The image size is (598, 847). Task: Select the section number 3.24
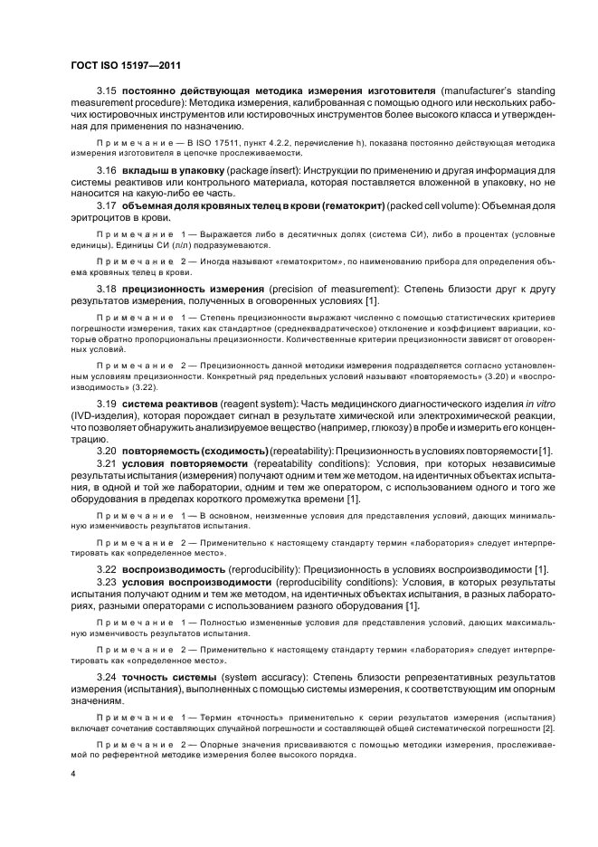[108, 677]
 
